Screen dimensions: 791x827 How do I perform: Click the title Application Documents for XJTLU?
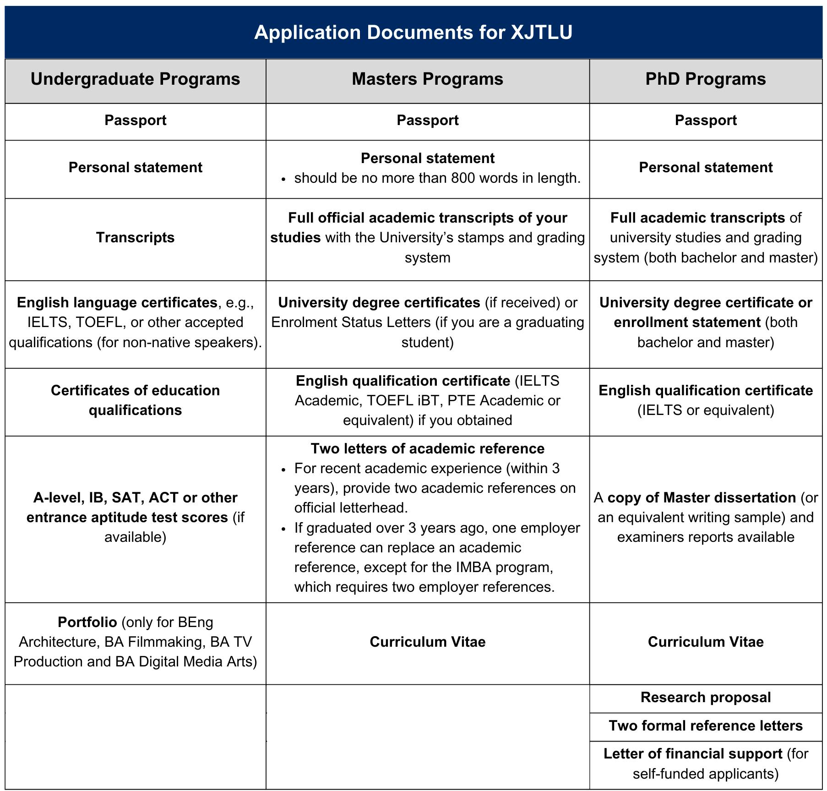pos(413,33)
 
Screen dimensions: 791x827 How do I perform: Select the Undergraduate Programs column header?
pos(135,79)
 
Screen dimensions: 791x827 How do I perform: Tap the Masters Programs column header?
pos(427,79)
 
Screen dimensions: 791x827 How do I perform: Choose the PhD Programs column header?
pos(705,79)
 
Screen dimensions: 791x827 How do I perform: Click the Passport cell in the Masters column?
pos(427,120)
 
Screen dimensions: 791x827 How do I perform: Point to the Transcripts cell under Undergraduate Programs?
pos(135,238)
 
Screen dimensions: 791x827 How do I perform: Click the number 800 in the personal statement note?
pos(462,178)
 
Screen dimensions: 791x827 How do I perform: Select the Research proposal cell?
pos(705,698)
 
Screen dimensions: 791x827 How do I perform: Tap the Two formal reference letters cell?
pos(705,726)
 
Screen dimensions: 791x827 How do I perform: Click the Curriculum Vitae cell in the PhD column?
pos(705,642)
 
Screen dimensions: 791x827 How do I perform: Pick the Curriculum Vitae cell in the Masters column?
pos(427,642)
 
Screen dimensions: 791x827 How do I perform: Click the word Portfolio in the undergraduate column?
pos(87,622)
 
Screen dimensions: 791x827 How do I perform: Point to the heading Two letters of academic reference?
pos(427,449)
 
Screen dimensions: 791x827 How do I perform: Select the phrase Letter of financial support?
pos(692,754)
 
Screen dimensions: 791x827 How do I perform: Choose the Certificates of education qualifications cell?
pos(135,400)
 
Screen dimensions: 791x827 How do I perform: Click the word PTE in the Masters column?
pos(462,401)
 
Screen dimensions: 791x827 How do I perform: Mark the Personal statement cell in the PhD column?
pos(705,168)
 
